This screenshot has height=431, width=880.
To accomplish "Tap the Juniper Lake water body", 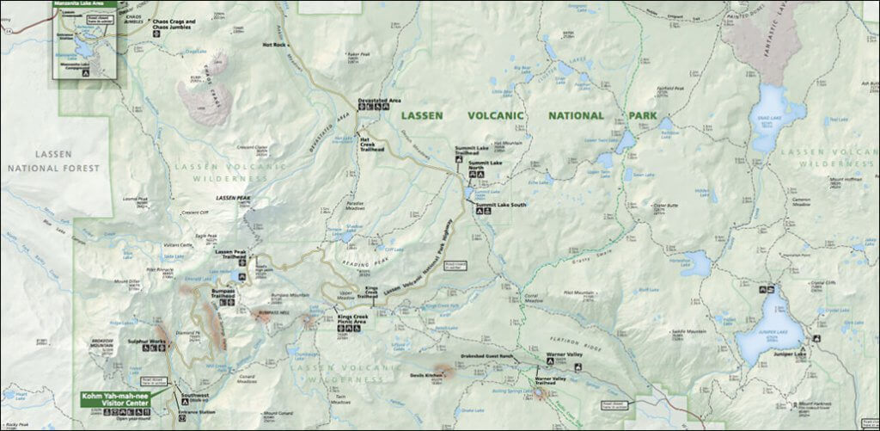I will coord(767,332).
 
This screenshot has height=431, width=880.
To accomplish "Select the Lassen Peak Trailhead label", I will coord(231,254).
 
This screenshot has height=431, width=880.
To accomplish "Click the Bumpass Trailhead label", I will coord(222,293).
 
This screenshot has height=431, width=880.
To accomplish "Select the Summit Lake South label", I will coord(502,205).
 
